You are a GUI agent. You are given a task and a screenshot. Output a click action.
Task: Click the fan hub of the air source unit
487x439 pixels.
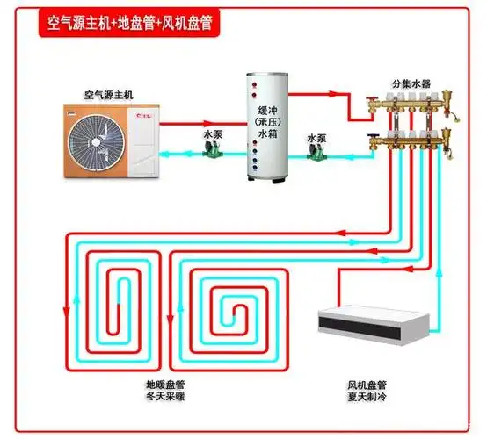[98, 136]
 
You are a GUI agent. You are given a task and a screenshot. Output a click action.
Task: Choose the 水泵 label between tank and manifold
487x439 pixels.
[317, 138]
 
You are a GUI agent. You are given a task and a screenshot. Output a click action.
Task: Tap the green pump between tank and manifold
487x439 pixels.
[314, 154]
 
